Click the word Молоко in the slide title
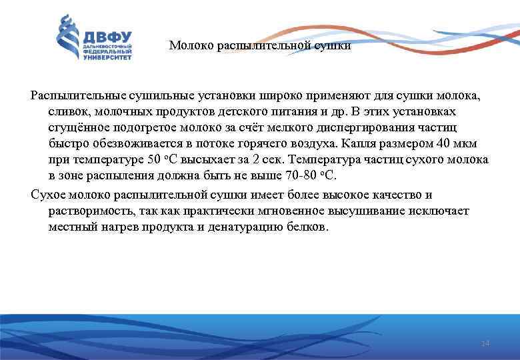coord(189,46)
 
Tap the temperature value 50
coord(153,160)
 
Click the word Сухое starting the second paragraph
coord(48,195)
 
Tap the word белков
coord(308,227)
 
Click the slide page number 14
coord(485,343)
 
